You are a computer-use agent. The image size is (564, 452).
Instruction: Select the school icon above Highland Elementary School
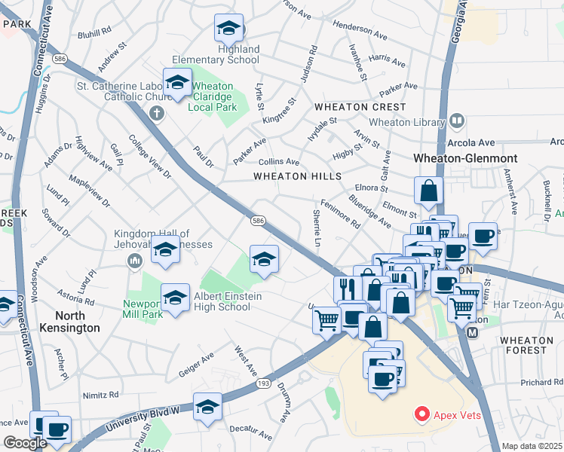click(x=228, y=29)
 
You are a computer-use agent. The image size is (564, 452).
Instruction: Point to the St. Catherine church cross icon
click(x=157, y=114)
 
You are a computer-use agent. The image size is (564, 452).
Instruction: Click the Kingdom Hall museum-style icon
click(x=135, y=261)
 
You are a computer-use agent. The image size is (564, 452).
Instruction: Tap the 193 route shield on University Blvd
click(x=263, y=383)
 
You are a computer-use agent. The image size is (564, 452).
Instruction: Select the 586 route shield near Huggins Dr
click(x=57, y=58)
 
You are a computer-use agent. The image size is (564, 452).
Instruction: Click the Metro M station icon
click(x=473, y=333)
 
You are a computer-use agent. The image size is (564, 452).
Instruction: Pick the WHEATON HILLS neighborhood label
click(x=297, y=176)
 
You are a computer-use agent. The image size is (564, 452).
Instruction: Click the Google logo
click(x=26, y=443)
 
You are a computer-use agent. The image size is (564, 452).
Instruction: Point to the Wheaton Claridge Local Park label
click(x=214, y=97)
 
